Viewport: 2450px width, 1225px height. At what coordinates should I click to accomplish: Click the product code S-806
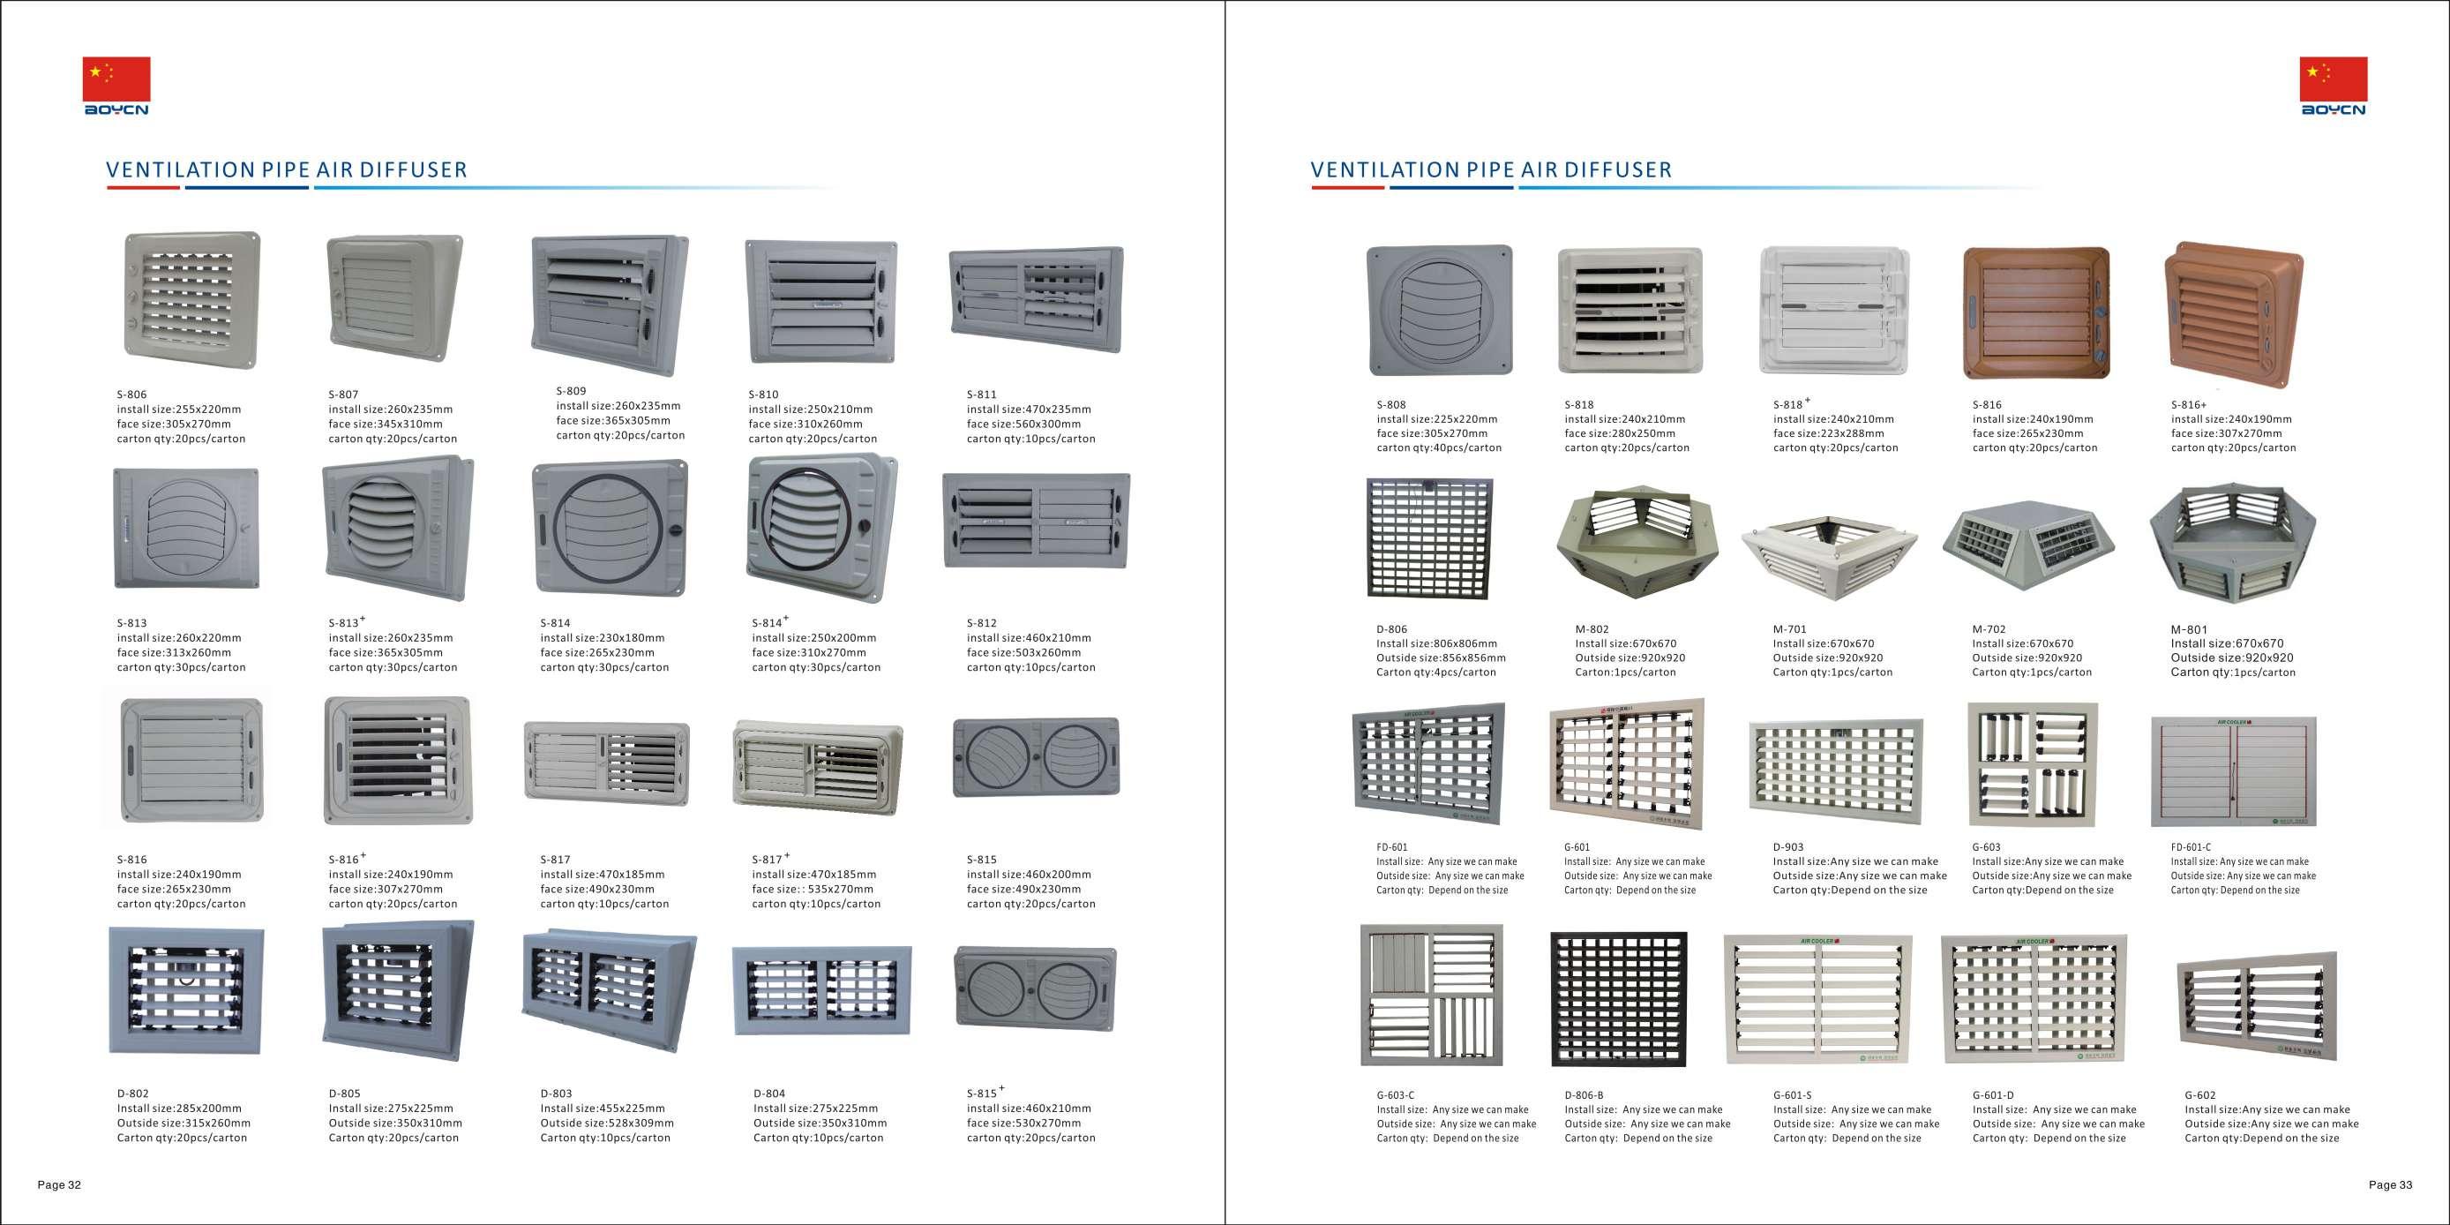point(131,395)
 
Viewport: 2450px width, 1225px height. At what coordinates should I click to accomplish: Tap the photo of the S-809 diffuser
point(609,304)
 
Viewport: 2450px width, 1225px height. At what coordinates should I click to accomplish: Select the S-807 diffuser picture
point(393,297)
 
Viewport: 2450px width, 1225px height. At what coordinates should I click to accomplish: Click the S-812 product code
point(982,623)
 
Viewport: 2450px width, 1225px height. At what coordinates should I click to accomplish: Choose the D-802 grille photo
point(186,991)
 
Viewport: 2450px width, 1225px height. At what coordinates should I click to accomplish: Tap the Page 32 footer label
point(59,1185)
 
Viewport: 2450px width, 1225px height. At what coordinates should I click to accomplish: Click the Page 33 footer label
point(2390,1185)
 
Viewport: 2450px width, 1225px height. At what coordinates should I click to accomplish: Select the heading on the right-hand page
point(1490,170)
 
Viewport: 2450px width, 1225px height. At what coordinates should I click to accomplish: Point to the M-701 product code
point(1789,629)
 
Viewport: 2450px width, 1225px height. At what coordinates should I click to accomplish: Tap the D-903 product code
point(1788,847)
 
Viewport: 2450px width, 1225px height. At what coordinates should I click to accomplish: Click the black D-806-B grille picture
point(1619,999)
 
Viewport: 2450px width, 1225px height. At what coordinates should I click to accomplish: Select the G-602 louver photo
point(2256,1004)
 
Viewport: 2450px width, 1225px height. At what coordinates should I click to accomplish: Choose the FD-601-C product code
point(2191,847)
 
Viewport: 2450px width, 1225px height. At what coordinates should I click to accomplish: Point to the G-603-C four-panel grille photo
point(1431,994)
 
